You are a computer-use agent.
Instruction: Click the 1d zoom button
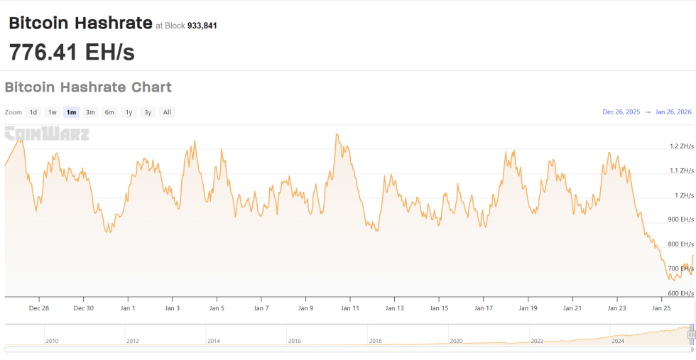point(33,112)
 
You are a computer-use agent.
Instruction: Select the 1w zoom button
point(53,112)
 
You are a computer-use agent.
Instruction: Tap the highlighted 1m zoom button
point(71,112)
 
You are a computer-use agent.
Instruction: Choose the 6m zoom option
point(109,112)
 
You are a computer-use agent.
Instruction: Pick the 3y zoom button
point(148,112)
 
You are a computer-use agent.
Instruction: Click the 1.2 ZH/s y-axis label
point(682,146)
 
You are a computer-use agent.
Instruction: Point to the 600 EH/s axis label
point(682,293)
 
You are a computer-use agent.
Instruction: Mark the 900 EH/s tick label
point(682,219)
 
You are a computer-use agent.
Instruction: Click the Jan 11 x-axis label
point(350,308)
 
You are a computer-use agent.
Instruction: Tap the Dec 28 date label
point(39,308)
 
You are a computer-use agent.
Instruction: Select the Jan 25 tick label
point(661,308)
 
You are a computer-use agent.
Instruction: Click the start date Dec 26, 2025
point(621,112)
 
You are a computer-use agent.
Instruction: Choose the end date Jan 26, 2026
point(673,112)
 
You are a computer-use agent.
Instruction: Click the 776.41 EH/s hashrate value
point(72,52)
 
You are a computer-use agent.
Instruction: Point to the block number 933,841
point(202,26)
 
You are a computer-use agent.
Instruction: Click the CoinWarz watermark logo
point(47,133)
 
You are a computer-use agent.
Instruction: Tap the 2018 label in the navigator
point(376,341)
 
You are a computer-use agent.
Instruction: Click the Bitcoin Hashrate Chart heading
point(88,87)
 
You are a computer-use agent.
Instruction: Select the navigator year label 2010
point(52,341)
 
